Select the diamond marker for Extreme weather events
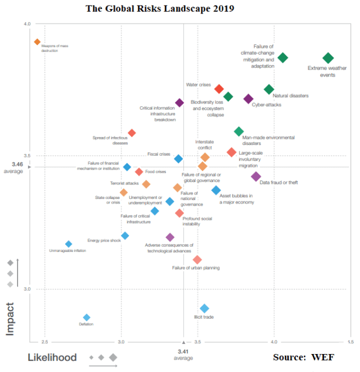tap(328, 58)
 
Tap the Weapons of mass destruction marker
tap(37, 42)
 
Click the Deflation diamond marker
tap(87, 317)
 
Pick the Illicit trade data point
tap(205, 309)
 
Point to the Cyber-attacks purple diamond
tap(249, 99)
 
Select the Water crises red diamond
tap(219, 89)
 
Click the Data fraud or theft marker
tap(256, 176)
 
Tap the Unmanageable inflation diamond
tap(69, 244)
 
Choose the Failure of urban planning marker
tap(197, 260)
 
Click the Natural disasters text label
tap(290, 96)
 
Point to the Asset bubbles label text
tap(236, 199)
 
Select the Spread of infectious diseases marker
tap(132, 133)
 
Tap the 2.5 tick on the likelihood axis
tap(46, 342)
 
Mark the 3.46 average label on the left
tap(17, 167)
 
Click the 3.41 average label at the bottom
tap(183, 355)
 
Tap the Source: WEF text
tap(304, 357)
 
